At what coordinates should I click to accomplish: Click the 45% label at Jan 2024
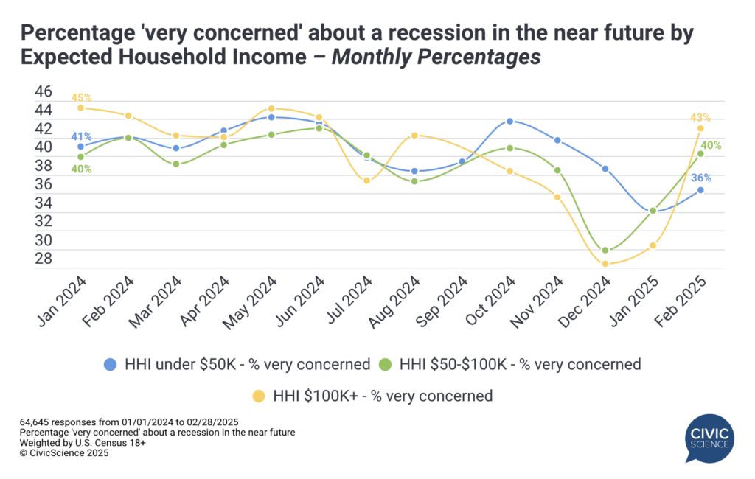click(x=81, y=97)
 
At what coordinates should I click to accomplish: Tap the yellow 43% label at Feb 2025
click(x=700, y=117)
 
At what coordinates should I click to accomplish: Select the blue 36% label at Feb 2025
click(x=700, y=178)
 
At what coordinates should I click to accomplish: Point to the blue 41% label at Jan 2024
click(x=81, y=136)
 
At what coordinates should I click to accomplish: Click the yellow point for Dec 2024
click(x=605, y=264)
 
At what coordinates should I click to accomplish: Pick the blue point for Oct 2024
click(x=510, y=121)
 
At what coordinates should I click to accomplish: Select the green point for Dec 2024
click(x=605, y=251)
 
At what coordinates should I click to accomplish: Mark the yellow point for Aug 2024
click(x=414, y=136)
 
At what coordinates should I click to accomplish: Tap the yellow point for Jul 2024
click(x=367, y=181)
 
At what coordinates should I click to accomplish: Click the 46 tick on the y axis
click(x=44, y=91)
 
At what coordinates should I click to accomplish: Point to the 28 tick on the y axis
click(x=44, y=258)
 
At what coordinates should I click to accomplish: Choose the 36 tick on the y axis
click(x=44, y=183)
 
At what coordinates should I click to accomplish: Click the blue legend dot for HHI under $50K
click(x=111, y=363)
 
